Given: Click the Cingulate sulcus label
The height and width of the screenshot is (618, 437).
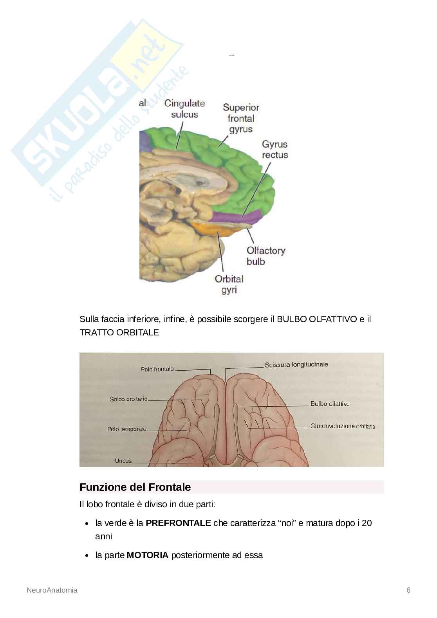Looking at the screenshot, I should pyautogui.click(x=184, y=109).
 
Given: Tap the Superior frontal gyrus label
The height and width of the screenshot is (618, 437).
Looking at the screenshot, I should pyautogui.click(x=241, y=118).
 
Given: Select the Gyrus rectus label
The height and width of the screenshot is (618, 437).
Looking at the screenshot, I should pyautogui.click(x=275, y=150).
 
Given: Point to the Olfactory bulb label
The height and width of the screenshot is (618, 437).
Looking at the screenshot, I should pyautogui.click(x=266, y=256).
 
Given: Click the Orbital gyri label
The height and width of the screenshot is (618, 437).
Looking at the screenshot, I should pyautogui.click(x=229, y=285).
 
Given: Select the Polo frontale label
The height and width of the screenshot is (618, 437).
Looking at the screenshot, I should pyautogui.click(x=157, y=369).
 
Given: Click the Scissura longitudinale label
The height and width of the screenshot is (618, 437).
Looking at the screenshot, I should pyautogui.click(x=296, y=365).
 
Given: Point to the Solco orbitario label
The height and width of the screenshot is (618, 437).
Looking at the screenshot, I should pyautogui.click(x=129, y=399).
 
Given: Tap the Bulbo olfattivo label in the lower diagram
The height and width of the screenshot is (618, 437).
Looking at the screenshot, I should pyautogui.click(x=330, y=404).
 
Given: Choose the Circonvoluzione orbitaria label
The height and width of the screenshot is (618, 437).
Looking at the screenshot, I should pyautogui.click(x=343, y=426).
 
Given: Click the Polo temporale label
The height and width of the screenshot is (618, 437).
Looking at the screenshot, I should pyautogui.click(x=127, y=429).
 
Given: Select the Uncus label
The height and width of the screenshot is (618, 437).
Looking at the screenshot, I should pyautogui.click(x=123, y=461).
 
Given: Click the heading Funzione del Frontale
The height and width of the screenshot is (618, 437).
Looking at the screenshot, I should pyautogui.click(x=135, y=487).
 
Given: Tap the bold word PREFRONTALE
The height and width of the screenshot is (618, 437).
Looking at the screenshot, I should pyautogui.click(x=178, y=523).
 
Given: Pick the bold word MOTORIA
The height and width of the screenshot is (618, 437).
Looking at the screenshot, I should pyautogui.click(x=148, y=555).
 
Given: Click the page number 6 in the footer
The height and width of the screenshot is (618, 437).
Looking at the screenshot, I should pyautogui.click(x=408, y=590).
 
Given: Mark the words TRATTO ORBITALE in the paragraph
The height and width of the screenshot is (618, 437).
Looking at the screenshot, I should pyautogui.click(x=119, y=333).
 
